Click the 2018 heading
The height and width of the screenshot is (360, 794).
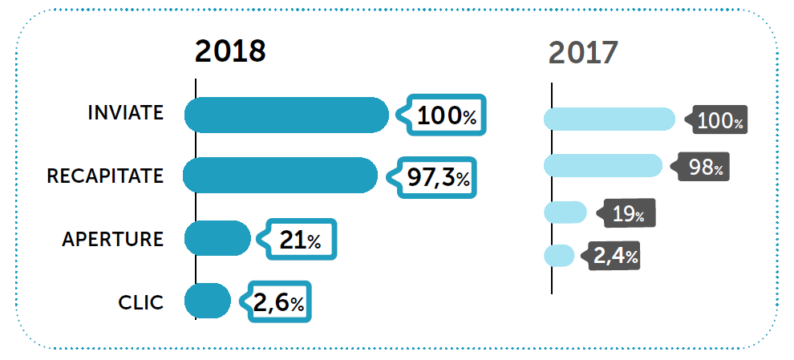[230, 51]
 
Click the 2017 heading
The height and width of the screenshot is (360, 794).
[583, 53]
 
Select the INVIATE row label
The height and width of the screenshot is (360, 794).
[125, 113]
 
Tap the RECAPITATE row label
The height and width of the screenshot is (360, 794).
[105, 176]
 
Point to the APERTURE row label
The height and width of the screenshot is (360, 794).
[112, 239]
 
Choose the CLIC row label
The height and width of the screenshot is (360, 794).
[140, 302]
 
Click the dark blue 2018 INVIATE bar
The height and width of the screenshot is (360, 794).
[286, 115]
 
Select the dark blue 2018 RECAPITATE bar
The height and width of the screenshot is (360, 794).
[280, 176]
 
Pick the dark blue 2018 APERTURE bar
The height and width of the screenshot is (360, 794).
[217, 238]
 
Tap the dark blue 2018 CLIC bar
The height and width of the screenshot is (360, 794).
[208, 301]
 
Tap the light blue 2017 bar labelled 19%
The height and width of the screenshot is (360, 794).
[565, 212]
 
